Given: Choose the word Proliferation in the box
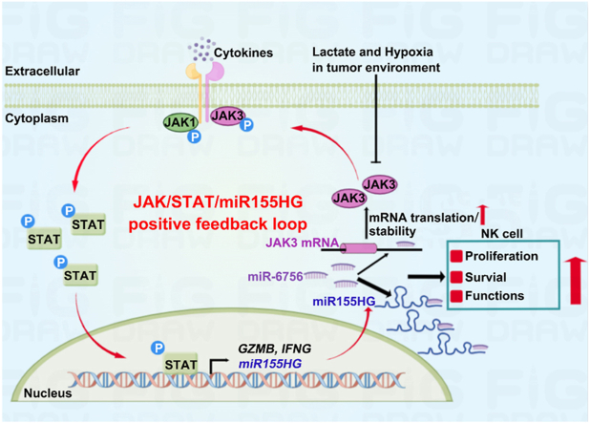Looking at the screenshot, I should pyautogui.click(x=504, y=256).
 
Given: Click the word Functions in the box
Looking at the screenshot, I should pyautogui.click(x=496, y=296).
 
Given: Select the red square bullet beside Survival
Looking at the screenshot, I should pyautogui.click(x=457, y=276).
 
